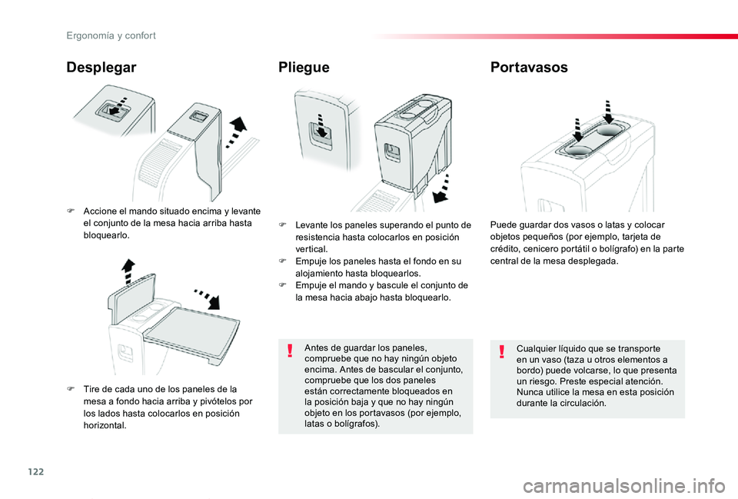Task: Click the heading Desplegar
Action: (101, 68)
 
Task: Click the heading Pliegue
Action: (304, 68)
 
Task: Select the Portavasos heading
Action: (529, 67)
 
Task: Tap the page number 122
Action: (36, 471)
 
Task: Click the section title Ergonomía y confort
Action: (111, 36)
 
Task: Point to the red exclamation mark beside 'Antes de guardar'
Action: (290, 351)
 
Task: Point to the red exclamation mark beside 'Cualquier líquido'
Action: (502, 351)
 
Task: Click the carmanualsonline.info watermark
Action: (624, 486)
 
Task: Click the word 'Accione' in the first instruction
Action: (98, 211)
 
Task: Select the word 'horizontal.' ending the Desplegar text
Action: (105, 425)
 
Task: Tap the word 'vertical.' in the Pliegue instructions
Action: (311, 249)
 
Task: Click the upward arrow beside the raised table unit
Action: (237, 132)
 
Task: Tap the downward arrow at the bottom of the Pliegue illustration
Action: (442, 188)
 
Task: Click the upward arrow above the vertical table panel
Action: (128, 271)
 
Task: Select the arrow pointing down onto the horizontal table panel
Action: (208, 299)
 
